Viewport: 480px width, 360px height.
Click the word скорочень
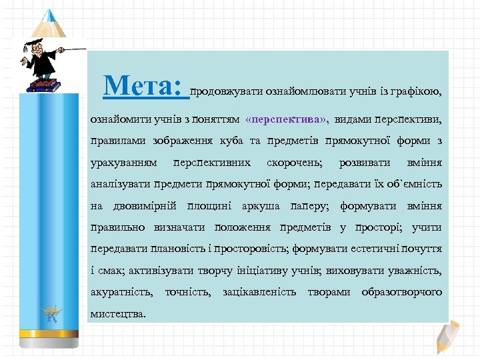[x=294, y=163]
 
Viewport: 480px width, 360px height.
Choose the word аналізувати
[x=120, y=185]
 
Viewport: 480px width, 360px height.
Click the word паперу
[x=311, y=206]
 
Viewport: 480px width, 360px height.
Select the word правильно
[x=117, y=227]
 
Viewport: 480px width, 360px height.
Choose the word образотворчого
[x=401, y=292]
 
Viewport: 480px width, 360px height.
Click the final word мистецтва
[x=117, y=313]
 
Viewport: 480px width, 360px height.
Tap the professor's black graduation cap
[x=32, y=44]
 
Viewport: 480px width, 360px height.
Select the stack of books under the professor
[x=45, y=84]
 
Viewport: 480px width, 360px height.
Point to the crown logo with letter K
[x=51, y=312]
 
